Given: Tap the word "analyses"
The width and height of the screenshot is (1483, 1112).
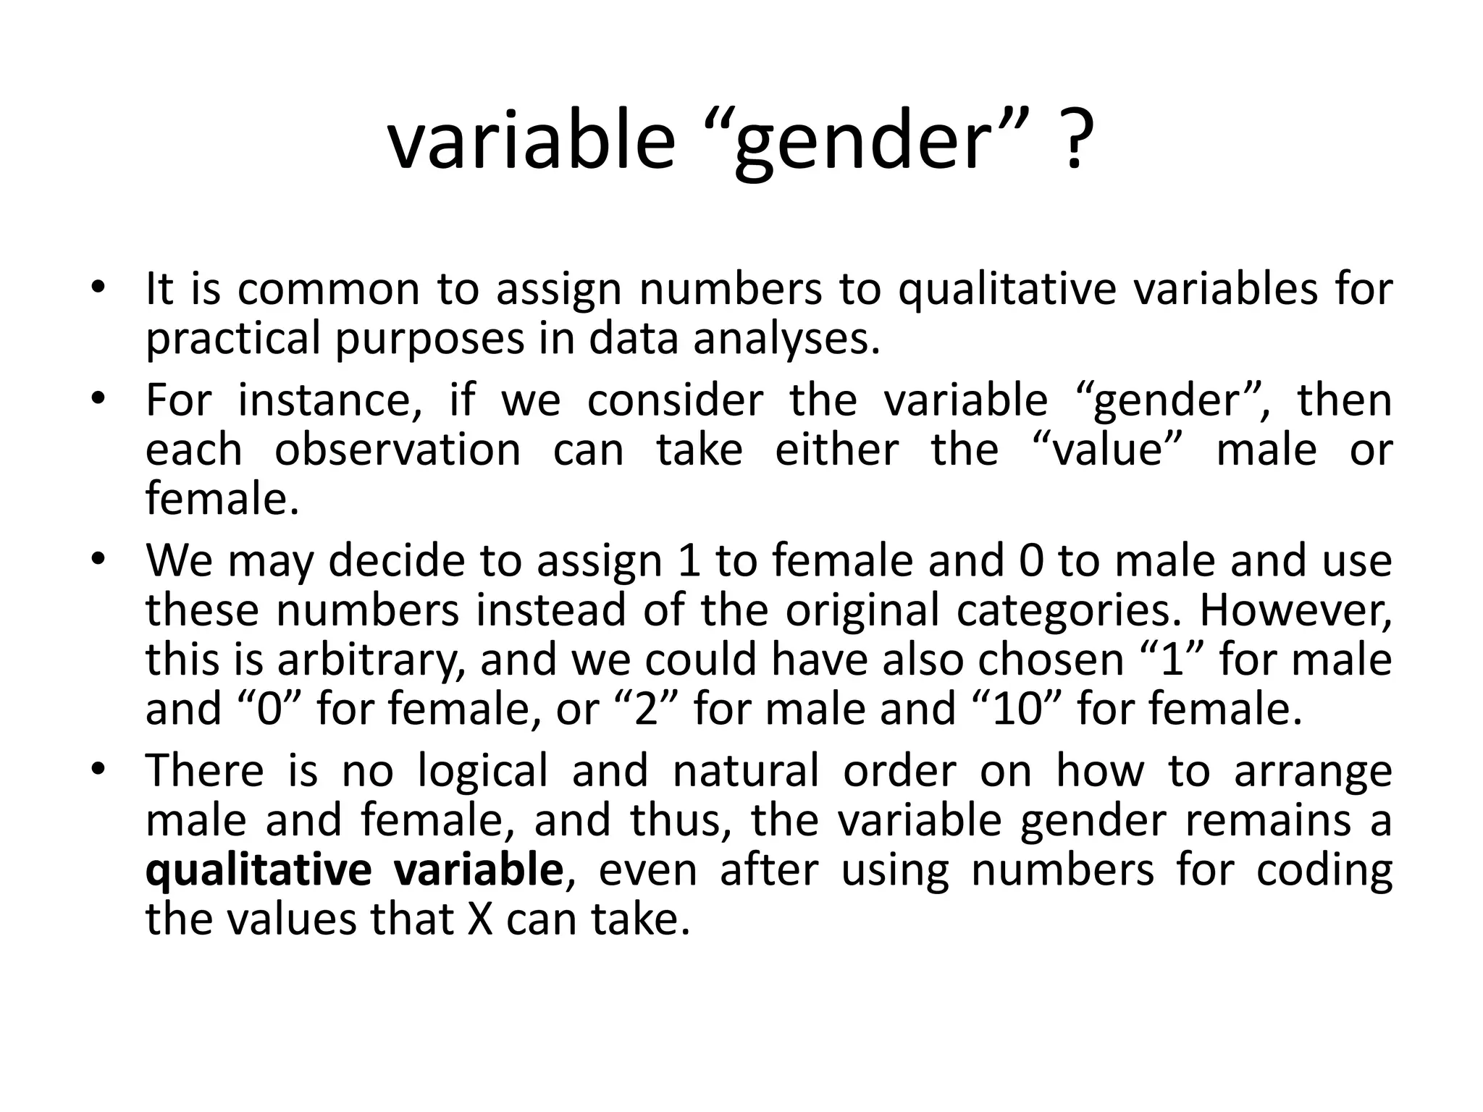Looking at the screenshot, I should click(x=785, y=340).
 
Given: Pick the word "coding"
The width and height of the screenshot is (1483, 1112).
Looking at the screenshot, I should click(x=1324, y=870).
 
